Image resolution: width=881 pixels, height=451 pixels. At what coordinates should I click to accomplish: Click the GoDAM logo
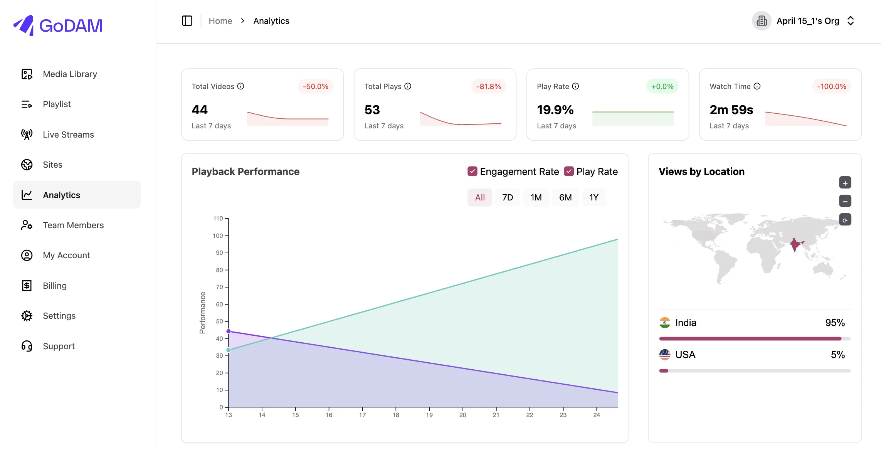click(58, 25)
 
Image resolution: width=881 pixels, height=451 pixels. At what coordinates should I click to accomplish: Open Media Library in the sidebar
click(70, 74)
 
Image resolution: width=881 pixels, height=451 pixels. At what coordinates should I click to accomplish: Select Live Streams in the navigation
click(68, 135)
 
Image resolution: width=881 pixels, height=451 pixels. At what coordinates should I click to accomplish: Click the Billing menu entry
click(55, 286)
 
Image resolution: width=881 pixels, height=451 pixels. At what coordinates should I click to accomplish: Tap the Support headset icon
click(27, 346)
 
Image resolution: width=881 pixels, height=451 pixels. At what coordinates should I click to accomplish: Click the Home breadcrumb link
click(220, 21)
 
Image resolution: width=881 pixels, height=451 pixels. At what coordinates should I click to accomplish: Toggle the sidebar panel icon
click(187, 21)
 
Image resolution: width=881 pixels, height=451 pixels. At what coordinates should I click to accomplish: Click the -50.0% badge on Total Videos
click(315, 86)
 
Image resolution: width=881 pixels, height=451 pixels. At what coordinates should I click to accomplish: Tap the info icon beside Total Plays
click(408, 86)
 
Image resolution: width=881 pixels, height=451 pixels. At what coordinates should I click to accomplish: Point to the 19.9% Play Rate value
click(555, 110)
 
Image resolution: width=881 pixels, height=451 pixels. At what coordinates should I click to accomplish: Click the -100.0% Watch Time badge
click(832, 86)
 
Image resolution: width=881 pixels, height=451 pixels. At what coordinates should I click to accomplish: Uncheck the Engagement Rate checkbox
click(472, 171)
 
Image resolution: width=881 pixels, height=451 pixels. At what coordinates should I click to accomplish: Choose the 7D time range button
click(508, 197)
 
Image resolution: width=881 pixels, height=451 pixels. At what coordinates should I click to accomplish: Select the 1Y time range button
click(594, 197)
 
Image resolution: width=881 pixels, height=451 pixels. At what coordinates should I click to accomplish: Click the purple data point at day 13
click(229, 331)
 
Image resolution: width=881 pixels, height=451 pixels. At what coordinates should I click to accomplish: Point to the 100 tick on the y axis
click(218, 236)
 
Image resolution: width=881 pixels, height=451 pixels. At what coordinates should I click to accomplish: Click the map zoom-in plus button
click(845, 183)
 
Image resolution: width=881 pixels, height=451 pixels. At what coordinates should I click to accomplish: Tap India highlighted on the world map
click(796, 244)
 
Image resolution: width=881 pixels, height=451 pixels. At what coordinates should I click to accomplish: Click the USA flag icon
click(665, 355)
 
